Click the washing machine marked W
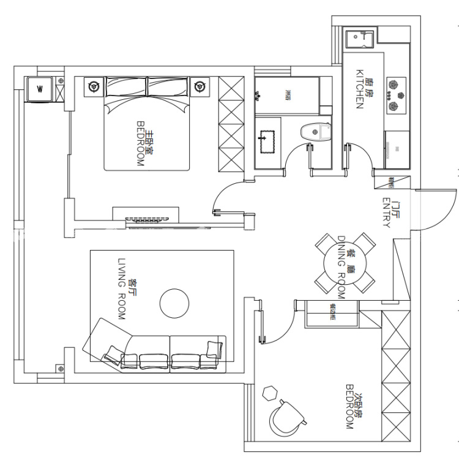click(40, 89)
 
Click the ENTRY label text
click(386, 213)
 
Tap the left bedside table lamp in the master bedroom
click(93, 86)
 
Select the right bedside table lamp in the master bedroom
click(200, 86)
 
